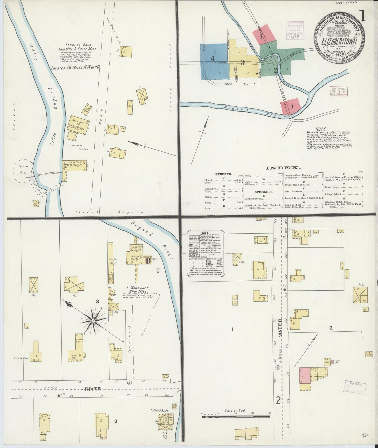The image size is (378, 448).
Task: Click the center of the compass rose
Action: click(93, 320)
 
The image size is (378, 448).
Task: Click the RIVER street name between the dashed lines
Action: click(93, 389)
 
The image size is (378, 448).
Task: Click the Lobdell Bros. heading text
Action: click(78, 45)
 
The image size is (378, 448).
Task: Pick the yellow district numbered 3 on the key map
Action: click(242, 63)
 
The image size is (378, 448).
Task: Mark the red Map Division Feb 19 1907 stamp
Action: click(338, 91)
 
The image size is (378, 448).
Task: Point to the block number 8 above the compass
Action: click(97, 302)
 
